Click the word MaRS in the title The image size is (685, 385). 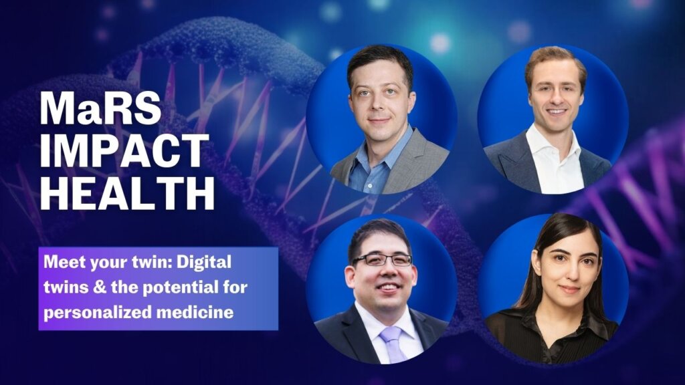pyautogui.click(x=100, y=109)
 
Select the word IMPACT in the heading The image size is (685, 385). pyautogui.click(x=124, y=150)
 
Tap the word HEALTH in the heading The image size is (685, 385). pyautogui.click(x=127, y=193)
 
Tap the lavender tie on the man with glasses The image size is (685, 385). pyautogui.click(x=392, y=344)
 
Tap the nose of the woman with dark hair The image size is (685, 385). pyautogui.click(x=569, y=273)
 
